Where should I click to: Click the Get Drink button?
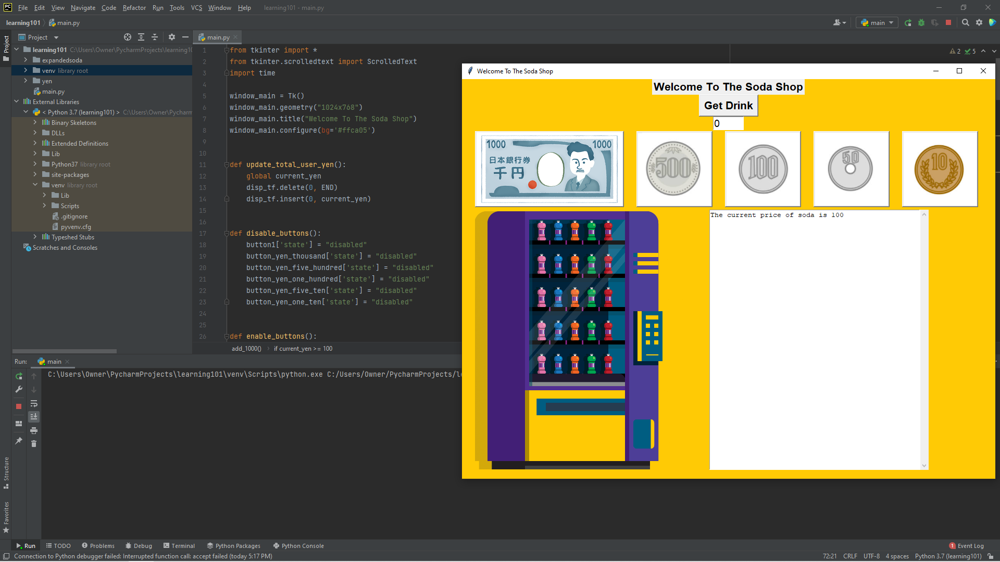pos(728,106)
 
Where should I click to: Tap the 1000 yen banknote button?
pos(549,169)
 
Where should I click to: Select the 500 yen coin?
pos(674,169)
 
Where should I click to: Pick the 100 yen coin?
pos(762,169)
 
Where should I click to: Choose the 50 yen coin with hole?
pos(851,169)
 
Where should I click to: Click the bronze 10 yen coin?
pos(940,169)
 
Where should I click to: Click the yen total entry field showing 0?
pos(728,123)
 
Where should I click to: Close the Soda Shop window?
pos(983,71)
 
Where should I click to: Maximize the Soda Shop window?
pos(959,71)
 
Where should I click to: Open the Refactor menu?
pos(134,8)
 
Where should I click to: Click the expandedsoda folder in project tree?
pos(62,60)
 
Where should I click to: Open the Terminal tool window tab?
pos(179,546)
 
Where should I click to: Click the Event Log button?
pos(967,546)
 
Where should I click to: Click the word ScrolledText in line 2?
pos(392,61)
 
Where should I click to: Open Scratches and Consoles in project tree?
pos(65,248)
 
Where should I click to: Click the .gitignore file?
pos(74,216)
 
